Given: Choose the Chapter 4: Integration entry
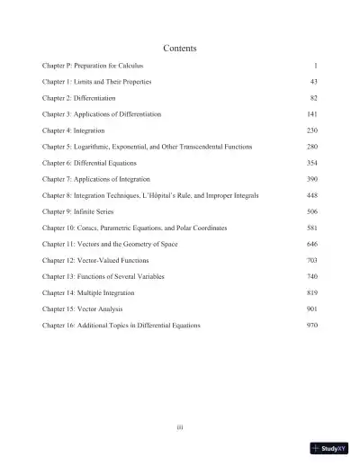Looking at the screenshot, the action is [75, 130].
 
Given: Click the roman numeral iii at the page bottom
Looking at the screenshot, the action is [180, 426].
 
